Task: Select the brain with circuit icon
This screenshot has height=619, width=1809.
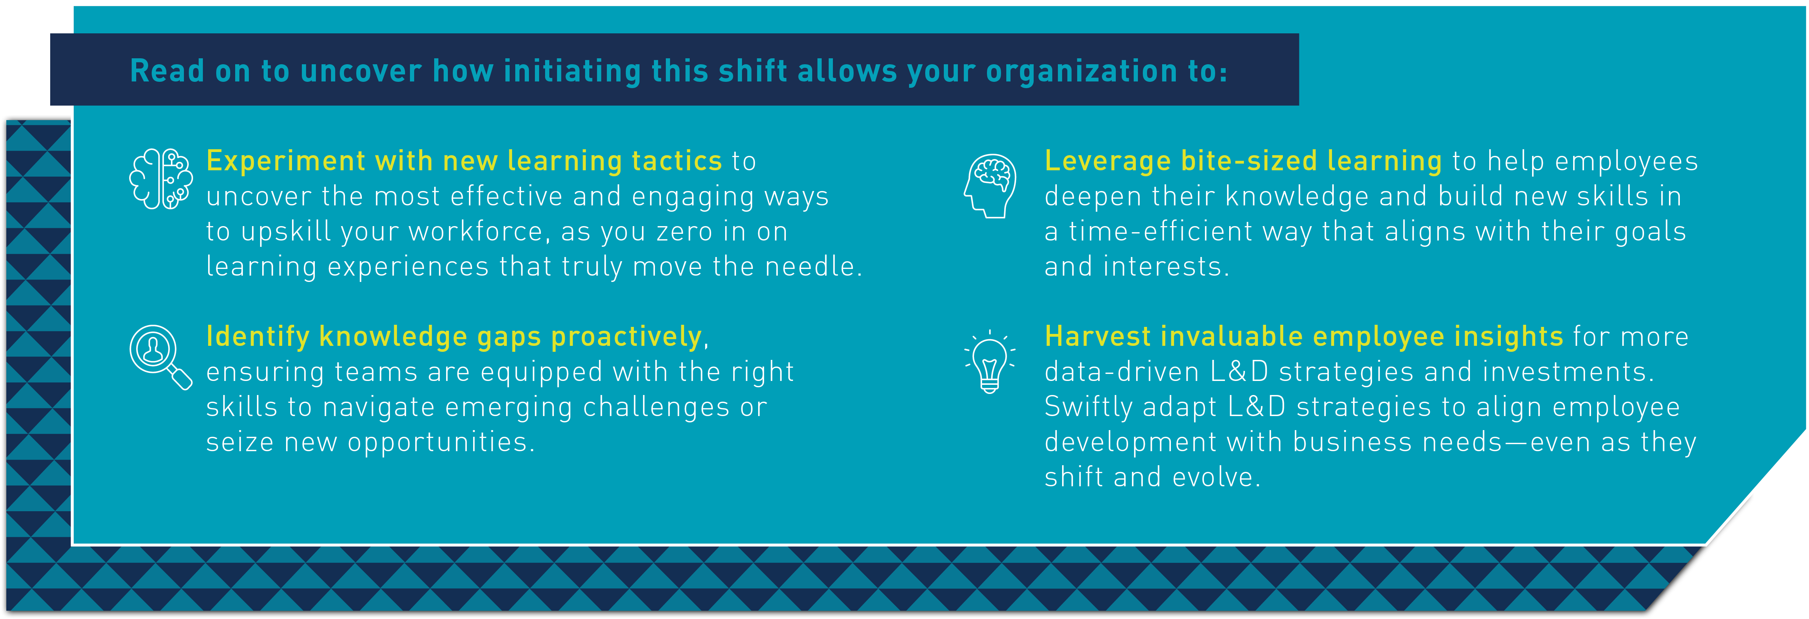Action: pos(161,179)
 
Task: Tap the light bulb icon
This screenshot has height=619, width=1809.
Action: pos(990,362)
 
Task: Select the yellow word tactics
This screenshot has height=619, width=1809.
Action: pos(677,161)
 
